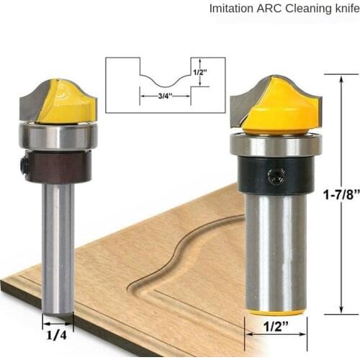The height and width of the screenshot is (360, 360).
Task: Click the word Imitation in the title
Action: pos(229,9)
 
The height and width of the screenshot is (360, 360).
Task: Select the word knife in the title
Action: pos(341,9)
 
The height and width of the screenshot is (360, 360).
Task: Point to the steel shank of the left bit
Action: pos(58,245)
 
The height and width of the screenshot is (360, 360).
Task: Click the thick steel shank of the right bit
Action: pos(276,252)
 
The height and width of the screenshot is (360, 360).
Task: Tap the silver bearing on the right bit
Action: pos(276,145)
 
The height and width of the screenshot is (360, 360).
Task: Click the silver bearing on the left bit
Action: pos(58,137)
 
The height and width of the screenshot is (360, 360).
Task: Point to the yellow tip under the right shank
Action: pos(276,312)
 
